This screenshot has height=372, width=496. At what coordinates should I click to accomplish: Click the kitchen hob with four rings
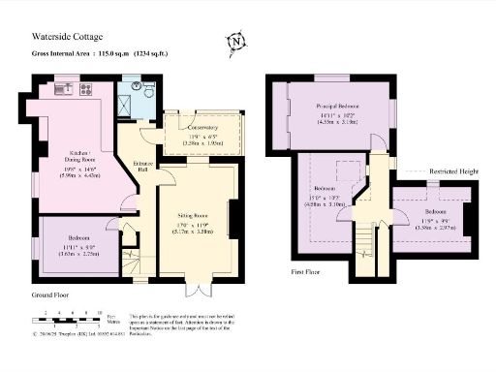[x=84, y=90]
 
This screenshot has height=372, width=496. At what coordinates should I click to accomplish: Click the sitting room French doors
[x=198, y=290]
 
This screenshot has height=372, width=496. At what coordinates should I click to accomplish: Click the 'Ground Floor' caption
[x=53, y=293]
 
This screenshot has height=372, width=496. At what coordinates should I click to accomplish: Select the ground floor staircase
[x=132, y=261]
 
